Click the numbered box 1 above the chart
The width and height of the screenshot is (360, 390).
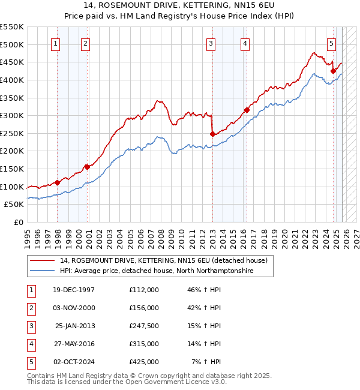(x=55, y=43)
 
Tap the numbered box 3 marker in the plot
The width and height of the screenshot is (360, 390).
(x=211, y=43)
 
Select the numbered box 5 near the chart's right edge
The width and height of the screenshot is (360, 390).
(x=331, y=43)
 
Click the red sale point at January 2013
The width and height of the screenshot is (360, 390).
(x=212, y=134)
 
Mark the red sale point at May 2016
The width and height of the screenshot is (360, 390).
(x=247, y=110)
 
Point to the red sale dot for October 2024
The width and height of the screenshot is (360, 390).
(x=333, y=71)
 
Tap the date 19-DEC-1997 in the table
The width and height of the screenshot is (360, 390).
(x=73, y=290)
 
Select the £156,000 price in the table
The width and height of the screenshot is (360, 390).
(x=143, y=308)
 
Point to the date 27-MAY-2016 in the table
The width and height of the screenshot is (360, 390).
(x=73, y=344)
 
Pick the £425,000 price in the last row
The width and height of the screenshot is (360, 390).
(x=143, y=362)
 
